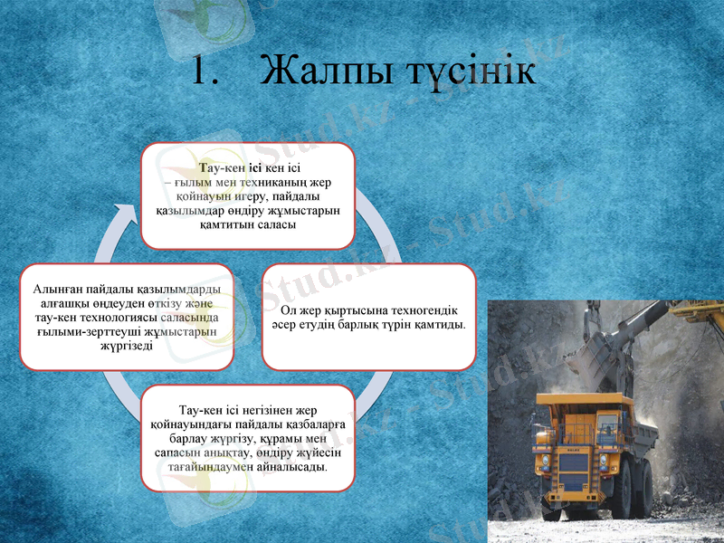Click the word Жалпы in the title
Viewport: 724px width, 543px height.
pos(320,71)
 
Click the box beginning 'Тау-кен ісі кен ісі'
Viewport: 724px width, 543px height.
pos(247,195)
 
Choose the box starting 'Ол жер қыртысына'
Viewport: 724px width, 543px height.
pos(369,317)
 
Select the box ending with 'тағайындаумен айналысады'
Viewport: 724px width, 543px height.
pos(247,438)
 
